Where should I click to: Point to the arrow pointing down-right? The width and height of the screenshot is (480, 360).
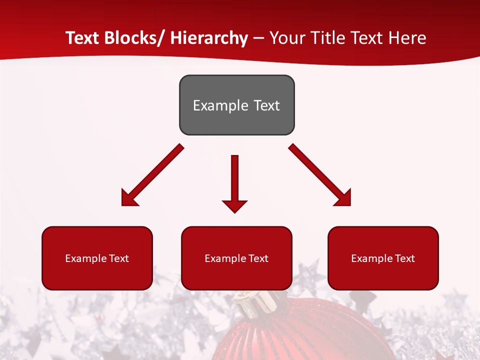pos(320,176)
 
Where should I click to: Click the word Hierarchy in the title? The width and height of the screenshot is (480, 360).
pos(209,38)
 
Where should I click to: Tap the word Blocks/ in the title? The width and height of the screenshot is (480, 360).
pos(134,38)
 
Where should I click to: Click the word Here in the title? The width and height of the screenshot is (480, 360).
pos(407,38)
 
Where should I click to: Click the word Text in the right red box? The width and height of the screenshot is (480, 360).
pos(404,258)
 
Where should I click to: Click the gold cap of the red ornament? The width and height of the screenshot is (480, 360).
pos(257,301)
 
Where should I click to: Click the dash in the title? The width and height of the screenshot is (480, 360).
pos(258,38)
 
